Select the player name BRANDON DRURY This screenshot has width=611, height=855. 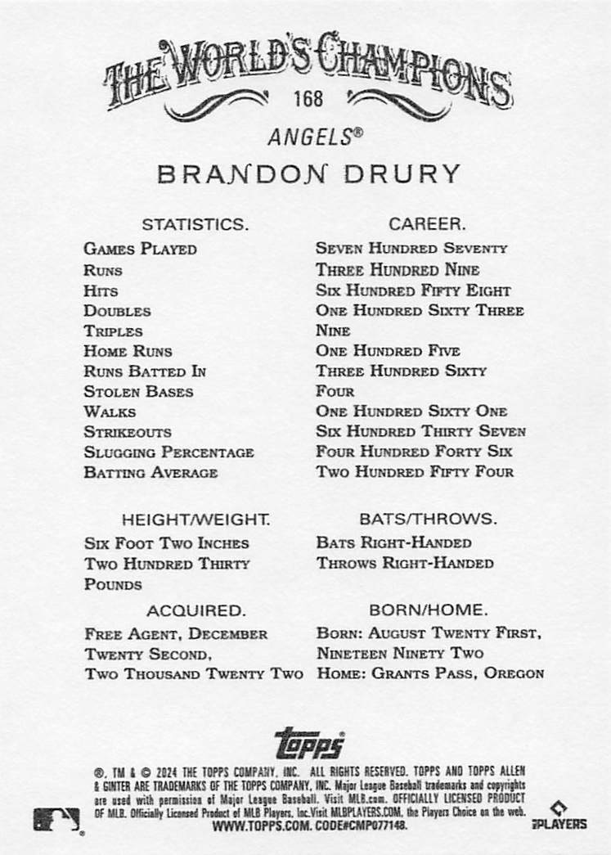(x=308, y=174)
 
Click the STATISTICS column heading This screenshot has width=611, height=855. (x=195, y=223)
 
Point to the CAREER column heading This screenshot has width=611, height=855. (x=427, y=223)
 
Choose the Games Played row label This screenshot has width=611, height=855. (x=140, y=249)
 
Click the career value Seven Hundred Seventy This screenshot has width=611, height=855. (x=411, y=248)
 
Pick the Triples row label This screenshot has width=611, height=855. (x=113, y=331)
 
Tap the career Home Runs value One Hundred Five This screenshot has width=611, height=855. (x=388, y=351)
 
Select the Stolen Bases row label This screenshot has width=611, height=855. (x=138, y=392)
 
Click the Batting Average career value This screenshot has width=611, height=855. (x=415, y=472)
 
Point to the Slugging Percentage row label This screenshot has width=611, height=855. (x=168, y=452)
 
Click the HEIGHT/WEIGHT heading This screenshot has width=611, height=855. (x=195, y=520)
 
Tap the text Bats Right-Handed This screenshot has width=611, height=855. (x=393, y=542)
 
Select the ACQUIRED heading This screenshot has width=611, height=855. (x=195, y=610)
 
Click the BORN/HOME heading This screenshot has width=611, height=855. (x=428, y=610)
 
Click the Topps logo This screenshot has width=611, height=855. (x=309, y=744)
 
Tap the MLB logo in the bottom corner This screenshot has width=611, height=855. (x=56, y=819)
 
